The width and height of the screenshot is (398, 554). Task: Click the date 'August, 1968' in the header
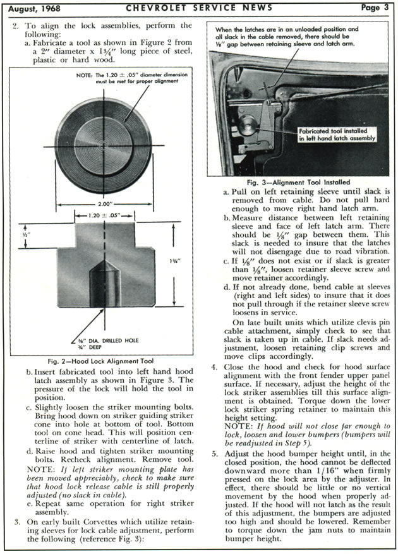(37, 8)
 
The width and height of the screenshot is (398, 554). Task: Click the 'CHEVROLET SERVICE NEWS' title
(200, 8)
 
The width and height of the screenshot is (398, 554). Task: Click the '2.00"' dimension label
(105, 205)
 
